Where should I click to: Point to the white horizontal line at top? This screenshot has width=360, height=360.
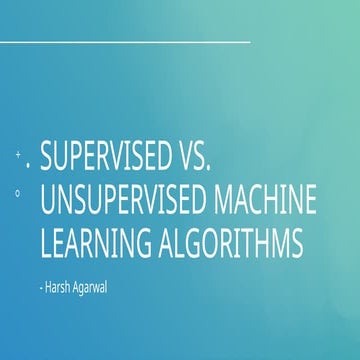click(124, 43)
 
